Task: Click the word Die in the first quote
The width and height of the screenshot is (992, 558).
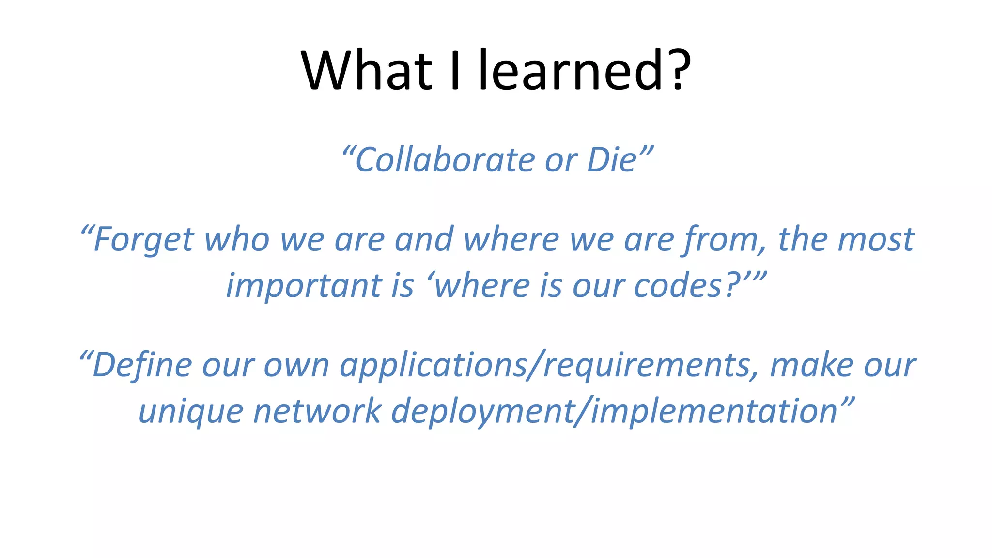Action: tap(611, 160)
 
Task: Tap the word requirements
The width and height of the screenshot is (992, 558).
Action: tap(647, 365)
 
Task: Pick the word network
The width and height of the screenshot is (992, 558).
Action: tap(317, 412)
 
